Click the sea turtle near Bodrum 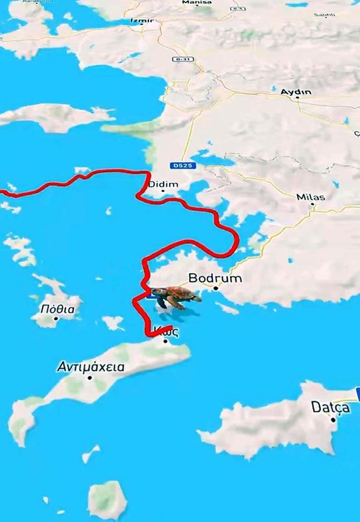tap(175, 296)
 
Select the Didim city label tap(163, 184)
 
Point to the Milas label tap(311, 197)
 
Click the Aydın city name tap(296, 92)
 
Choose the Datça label tap(330, 407)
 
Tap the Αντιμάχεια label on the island tap(90, 368)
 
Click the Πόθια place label tap(58, 309)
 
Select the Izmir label tap(142, 21)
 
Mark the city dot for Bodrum tap(216, 288)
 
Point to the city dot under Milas tap(312, 204)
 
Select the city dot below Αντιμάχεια tap(90, 377)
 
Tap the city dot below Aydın tap(298, 97)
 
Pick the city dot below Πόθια tap(56, 318)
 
